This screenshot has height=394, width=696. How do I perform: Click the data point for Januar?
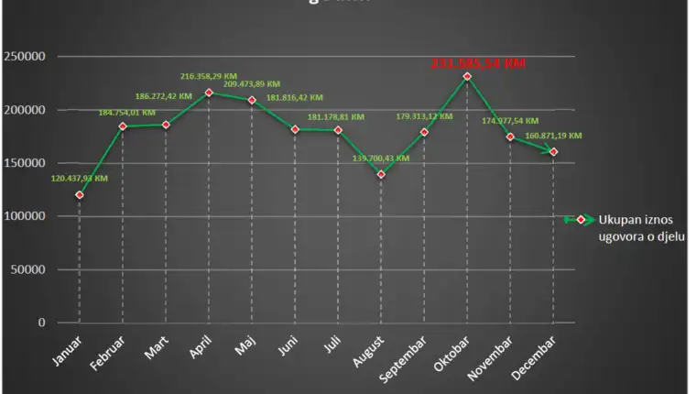pos(80,195)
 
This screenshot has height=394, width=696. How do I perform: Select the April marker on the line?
pos(209,93)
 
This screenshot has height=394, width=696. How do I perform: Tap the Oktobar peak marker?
pos(467,76)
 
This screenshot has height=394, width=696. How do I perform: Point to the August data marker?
pos(381,174)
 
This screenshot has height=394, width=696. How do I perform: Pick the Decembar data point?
pos(554,151)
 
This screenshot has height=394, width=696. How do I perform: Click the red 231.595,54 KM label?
pos(478,63)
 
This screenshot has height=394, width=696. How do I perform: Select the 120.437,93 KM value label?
pos(78,179)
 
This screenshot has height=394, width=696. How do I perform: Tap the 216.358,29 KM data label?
pos(211,77)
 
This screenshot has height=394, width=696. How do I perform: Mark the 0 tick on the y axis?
pos(42,323)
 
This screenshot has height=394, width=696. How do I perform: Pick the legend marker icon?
pos(581,220)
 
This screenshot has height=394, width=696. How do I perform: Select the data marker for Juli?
pos(338,130)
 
